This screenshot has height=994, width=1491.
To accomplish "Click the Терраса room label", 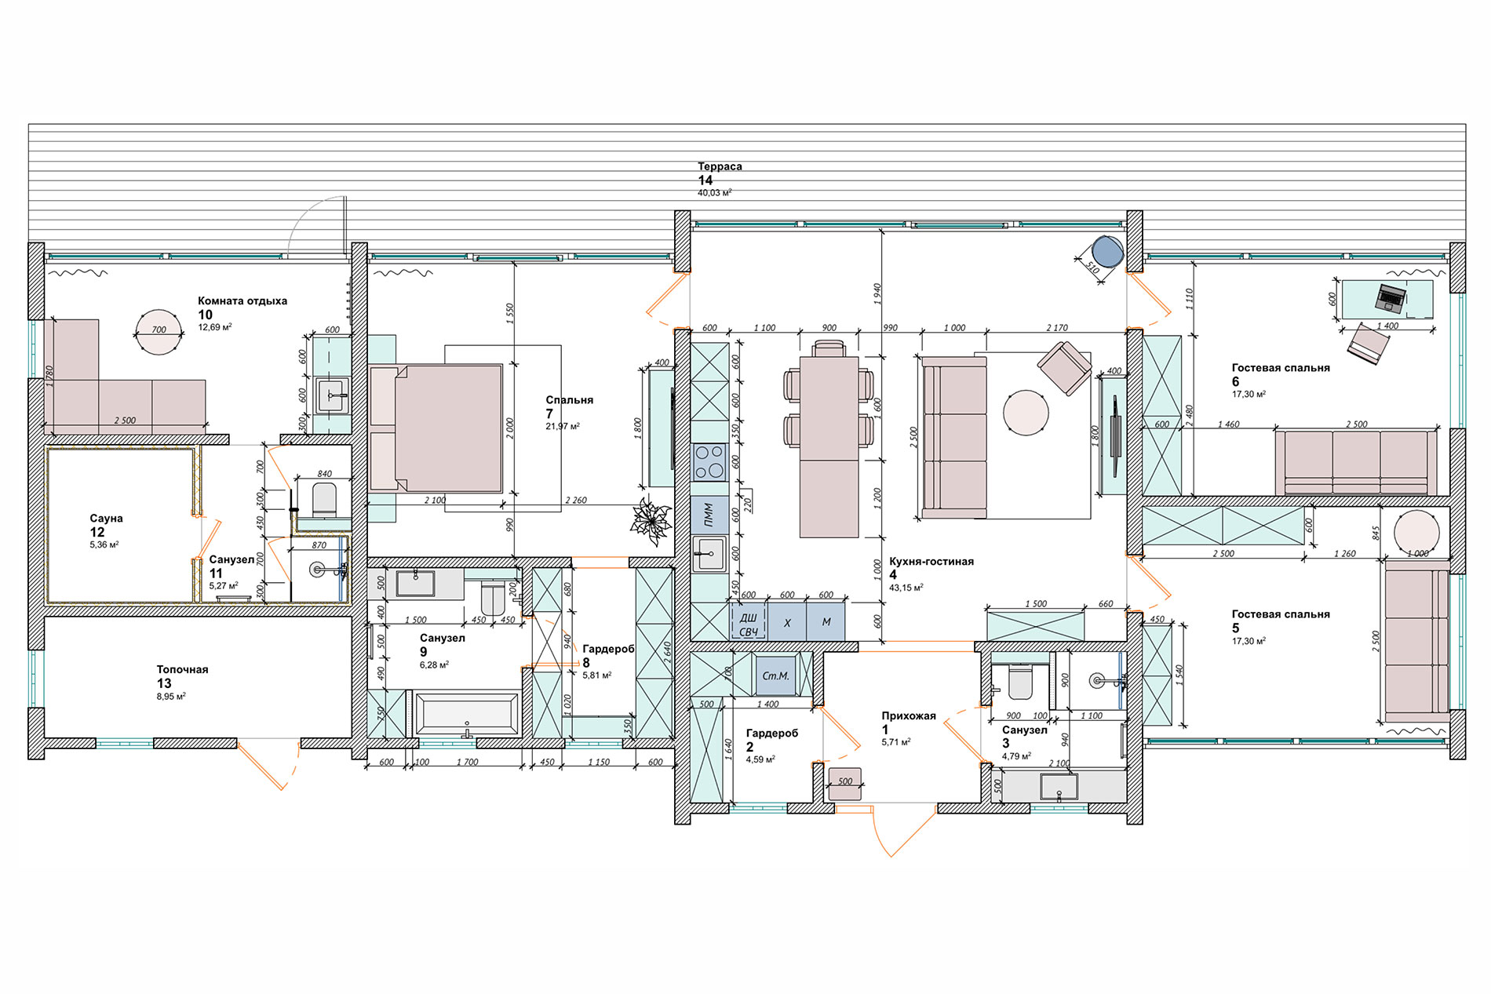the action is point(720,166).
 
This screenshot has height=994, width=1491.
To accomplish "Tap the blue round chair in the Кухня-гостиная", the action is point(1108,253).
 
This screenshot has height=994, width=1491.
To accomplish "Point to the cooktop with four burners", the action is point(710,462).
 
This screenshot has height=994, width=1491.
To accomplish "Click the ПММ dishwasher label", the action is point(709,514).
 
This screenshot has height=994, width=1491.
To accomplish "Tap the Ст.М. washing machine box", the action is point(776,675).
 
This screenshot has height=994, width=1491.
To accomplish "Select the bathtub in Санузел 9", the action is point(466,714).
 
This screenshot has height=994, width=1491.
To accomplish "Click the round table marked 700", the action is point(159,332).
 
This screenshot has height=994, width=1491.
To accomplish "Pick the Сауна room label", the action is point(106,519).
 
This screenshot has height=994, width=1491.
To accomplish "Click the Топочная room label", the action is point(182,669).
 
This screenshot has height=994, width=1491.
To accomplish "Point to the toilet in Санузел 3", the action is point(1020,682).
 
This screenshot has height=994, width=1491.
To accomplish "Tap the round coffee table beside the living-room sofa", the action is point(1026,413).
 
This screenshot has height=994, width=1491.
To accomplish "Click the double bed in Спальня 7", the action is point(436,428).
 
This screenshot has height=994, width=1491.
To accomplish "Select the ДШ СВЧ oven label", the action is point(748,624).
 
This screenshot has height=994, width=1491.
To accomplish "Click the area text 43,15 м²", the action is point(906,587).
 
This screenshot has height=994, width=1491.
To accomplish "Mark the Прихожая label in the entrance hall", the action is point(909,715).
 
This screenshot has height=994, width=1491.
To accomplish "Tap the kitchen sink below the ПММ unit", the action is point(710,554).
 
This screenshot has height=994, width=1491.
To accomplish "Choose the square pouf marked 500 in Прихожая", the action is point(845,783).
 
